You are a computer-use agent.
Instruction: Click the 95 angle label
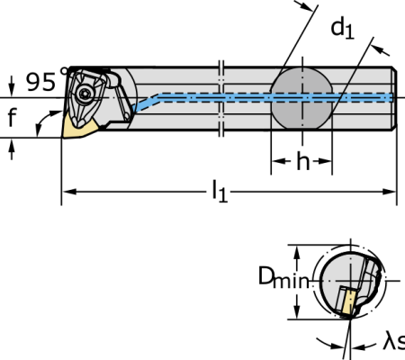[44, 81]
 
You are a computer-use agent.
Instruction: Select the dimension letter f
[12, 117]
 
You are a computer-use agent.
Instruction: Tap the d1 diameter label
[342, 29]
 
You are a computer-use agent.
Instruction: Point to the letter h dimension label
[302, 161]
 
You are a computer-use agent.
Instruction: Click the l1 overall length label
[220, 191]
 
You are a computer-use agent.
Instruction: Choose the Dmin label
[283, 277]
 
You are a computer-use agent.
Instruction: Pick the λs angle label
[394, 342]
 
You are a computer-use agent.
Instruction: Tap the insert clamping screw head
[83, 94]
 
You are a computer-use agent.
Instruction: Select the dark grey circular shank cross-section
[302, 98]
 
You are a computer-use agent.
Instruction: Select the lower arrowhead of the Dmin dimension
[297, 311]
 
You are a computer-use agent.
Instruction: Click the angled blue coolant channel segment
[146, 103]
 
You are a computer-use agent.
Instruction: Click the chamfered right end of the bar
[395, 98]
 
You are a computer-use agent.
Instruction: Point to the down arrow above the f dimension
[12, 85]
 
